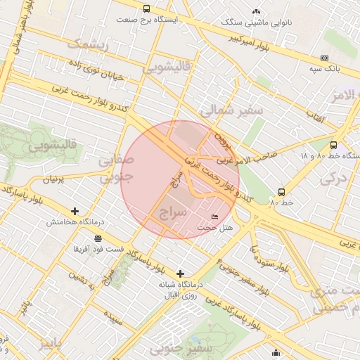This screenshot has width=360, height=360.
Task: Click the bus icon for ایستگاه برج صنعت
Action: [x=146, y=9]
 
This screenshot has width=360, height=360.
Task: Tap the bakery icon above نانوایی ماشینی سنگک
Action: [x=256, y=11]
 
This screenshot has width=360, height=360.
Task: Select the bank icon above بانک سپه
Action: [x=324, y=58]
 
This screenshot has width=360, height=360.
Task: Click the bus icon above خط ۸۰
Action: [x=282, y=192]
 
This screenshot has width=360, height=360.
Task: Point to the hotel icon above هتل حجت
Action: [x=215, y=217]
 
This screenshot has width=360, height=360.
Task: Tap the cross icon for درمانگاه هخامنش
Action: [x=75, y=211]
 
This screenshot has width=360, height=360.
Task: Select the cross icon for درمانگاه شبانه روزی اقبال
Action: [x=181, y=274]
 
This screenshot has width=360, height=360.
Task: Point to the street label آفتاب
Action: [x=315, y=120]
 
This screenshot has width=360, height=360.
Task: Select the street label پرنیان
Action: [x=53, y=180]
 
